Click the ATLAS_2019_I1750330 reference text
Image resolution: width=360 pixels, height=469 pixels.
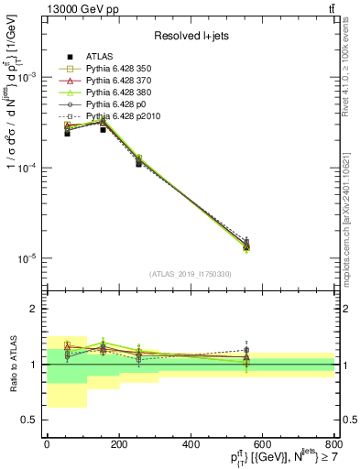coord(191,274)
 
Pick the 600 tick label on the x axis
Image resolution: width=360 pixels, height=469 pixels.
coord(263,444)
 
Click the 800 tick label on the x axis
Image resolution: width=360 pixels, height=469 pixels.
coord(334,444)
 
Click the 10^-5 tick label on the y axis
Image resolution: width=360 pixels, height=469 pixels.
coord(27,258)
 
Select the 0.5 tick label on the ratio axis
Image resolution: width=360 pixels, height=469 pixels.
coord(29,420)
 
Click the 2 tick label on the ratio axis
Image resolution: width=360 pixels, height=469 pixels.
coord(35,310)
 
